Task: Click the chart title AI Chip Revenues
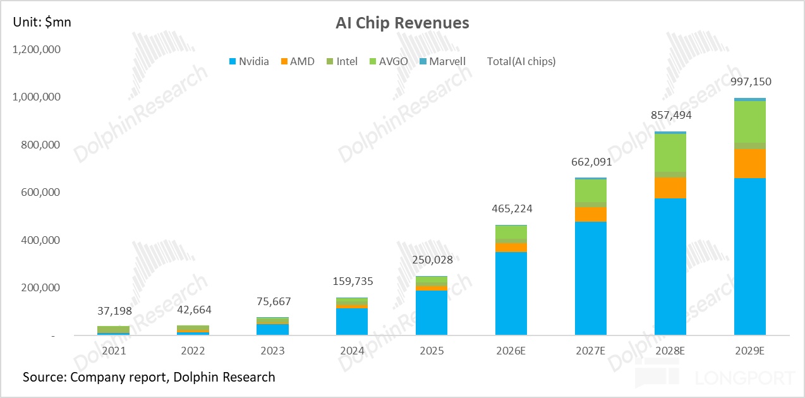(x=402, y=23)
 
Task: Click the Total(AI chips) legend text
(x=521, y=61)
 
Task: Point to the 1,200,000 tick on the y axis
(x=36, y=49)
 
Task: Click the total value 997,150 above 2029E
(x=750, y=81)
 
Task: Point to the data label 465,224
(x=511, y=208)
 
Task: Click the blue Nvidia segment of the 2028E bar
(x=670, y=265)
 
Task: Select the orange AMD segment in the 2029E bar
(x=750, y=164)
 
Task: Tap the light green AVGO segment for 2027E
(x=591, y=191)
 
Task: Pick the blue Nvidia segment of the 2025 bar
(x=432, y=312)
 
